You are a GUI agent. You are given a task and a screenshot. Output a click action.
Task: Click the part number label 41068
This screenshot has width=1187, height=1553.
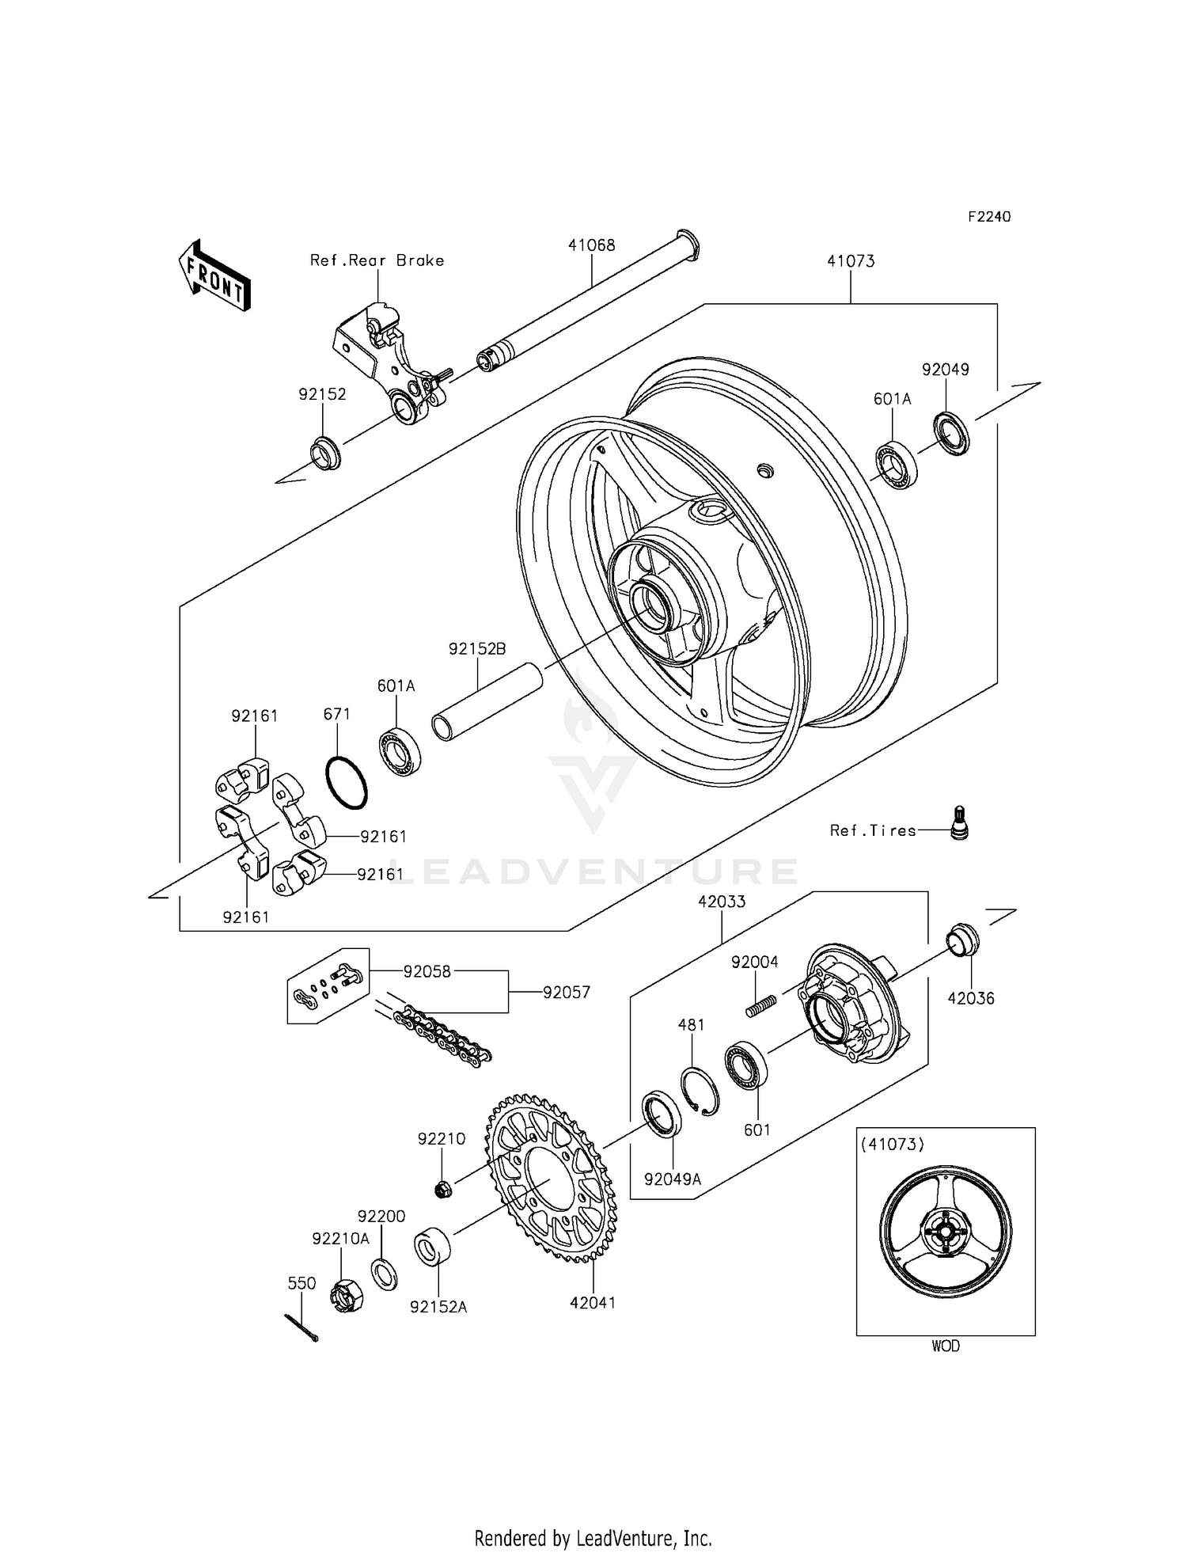591,245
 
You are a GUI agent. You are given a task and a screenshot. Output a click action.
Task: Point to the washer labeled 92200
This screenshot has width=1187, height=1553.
383,1274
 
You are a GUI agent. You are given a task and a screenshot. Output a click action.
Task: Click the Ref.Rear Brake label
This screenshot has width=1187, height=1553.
377,260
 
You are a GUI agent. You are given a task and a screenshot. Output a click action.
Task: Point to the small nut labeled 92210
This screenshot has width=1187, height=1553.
442,1187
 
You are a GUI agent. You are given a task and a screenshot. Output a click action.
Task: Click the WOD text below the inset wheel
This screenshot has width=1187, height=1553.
945,1346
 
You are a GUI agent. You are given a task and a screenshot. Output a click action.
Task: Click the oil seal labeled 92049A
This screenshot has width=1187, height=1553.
660,1113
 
